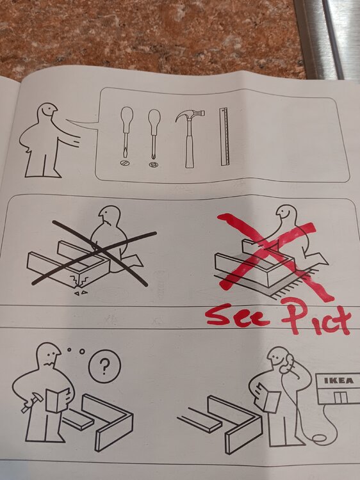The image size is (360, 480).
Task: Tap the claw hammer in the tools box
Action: (190, 138)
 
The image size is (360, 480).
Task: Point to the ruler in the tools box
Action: (224, 136)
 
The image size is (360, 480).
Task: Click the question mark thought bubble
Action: (104, 367)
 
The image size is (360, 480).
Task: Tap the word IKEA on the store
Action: (339, 381)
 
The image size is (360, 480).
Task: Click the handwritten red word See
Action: (238, 316)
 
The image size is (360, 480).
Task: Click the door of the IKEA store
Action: (340, 397)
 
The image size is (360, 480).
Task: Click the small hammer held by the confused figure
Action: (31, 403)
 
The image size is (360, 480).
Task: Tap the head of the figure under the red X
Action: (286, 215)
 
